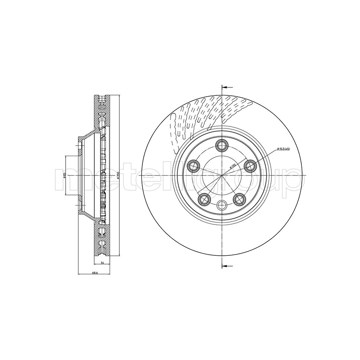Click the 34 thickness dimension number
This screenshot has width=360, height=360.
click(x=103, y=263)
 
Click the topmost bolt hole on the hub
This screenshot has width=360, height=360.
click(x=221, y=145)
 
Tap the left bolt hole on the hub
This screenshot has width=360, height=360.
click(x=193, y=166)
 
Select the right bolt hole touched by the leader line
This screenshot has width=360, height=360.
click(x=250, y=166)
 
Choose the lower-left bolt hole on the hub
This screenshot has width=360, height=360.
click(x=204, y=198)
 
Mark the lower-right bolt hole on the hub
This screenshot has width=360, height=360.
click(x=239, y=198)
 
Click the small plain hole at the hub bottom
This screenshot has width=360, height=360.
click(x=221, y=205)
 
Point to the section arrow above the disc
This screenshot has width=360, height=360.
click(x=227, y=87)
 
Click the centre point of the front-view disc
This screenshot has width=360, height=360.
click(x=221, y=175)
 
